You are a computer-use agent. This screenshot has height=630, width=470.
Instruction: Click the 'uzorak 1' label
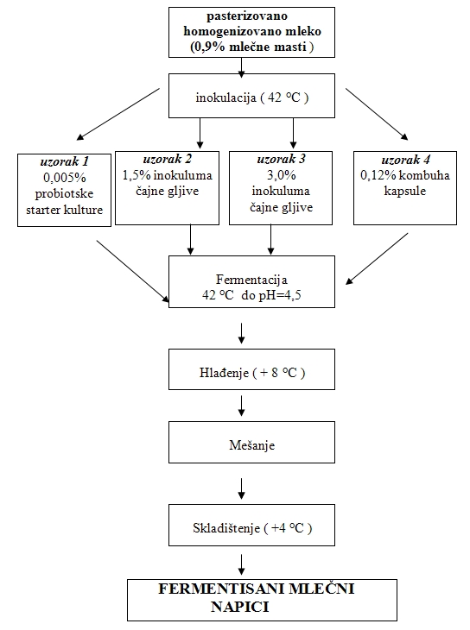65,161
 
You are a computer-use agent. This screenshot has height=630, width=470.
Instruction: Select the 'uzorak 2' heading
168,159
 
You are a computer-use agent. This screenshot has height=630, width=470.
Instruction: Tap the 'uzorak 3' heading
282,159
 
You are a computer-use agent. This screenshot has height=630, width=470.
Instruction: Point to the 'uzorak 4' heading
405,160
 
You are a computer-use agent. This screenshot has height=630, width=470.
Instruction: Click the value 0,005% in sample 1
65,178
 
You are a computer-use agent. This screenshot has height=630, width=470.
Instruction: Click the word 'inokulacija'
225,98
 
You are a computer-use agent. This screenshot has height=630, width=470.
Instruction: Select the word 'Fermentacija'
252,280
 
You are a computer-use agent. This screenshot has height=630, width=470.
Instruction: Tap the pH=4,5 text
278,295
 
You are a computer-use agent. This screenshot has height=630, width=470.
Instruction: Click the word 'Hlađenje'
224,373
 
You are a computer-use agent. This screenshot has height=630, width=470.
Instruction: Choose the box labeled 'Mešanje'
252,442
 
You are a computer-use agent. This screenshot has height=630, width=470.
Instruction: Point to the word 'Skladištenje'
226,528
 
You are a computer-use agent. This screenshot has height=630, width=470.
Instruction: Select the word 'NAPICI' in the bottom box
240,607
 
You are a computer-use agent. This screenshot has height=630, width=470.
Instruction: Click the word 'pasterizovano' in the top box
247,16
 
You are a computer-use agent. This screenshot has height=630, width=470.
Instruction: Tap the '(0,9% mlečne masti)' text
252,47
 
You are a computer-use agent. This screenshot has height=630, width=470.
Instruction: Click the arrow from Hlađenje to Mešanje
241,406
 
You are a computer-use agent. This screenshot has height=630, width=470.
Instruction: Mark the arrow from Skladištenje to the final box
241,564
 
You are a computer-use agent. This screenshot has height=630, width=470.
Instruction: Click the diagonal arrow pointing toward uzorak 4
377,114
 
